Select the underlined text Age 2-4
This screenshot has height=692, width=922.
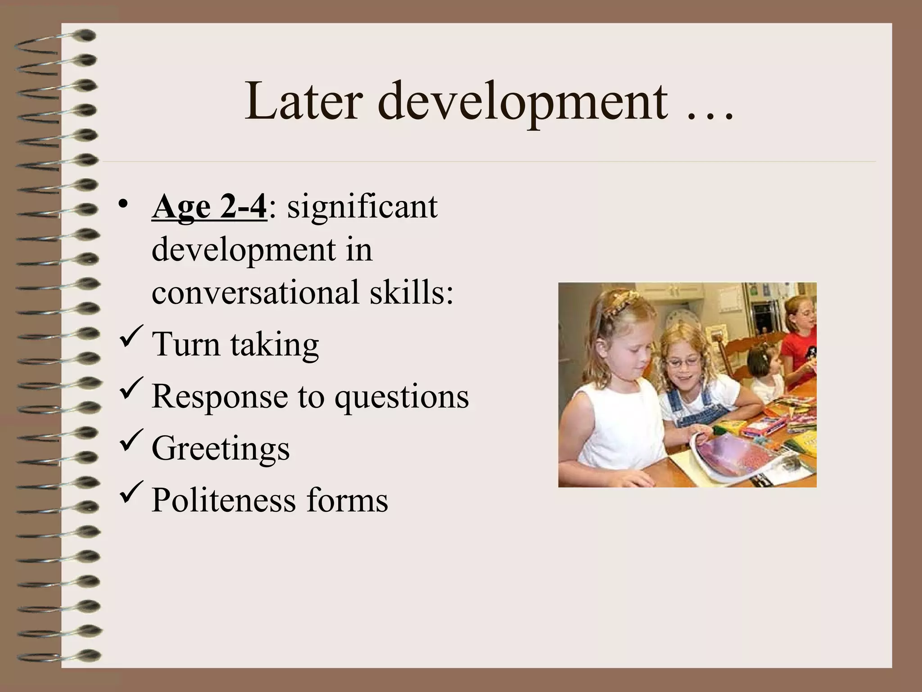coord(209,207)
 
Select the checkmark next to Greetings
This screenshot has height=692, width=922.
coord(132,440)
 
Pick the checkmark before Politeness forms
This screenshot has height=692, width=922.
coord(132,492)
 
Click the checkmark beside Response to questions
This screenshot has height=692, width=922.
coord(132,388)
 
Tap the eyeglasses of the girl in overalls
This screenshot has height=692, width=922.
coord(683,360)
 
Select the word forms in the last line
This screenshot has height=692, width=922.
coord(347,500)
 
